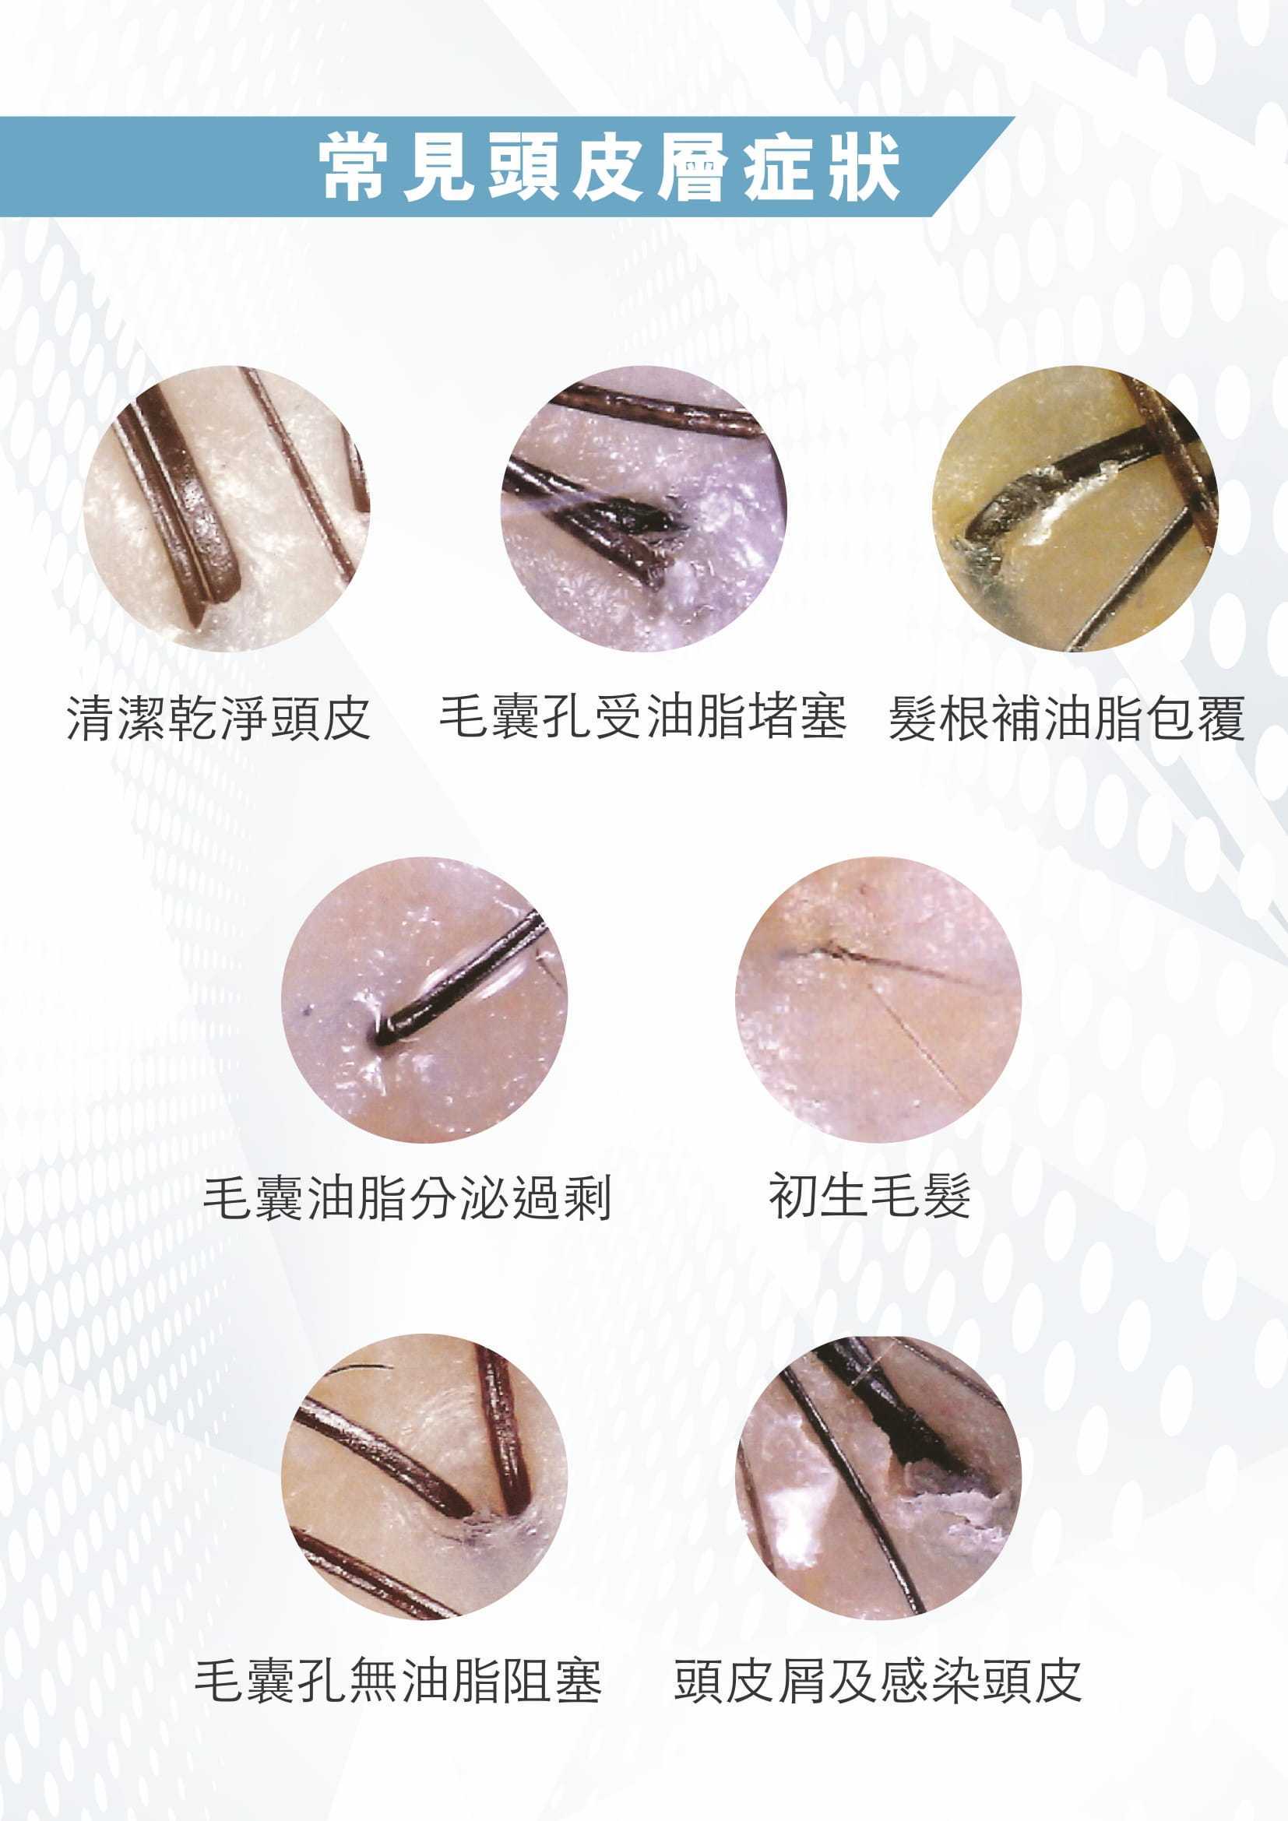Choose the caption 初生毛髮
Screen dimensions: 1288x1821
[870, 1195]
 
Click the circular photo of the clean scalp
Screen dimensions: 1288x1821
[227, 508]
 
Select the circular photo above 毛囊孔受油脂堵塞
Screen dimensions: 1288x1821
[643, 508]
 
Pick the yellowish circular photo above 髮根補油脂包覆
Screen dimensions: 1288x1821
[1075, 508]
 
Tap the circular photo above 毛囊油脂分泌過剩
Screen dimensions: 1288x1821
[425, 1000]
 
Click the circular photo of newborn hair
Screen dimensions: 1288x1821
[878, 1000]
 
